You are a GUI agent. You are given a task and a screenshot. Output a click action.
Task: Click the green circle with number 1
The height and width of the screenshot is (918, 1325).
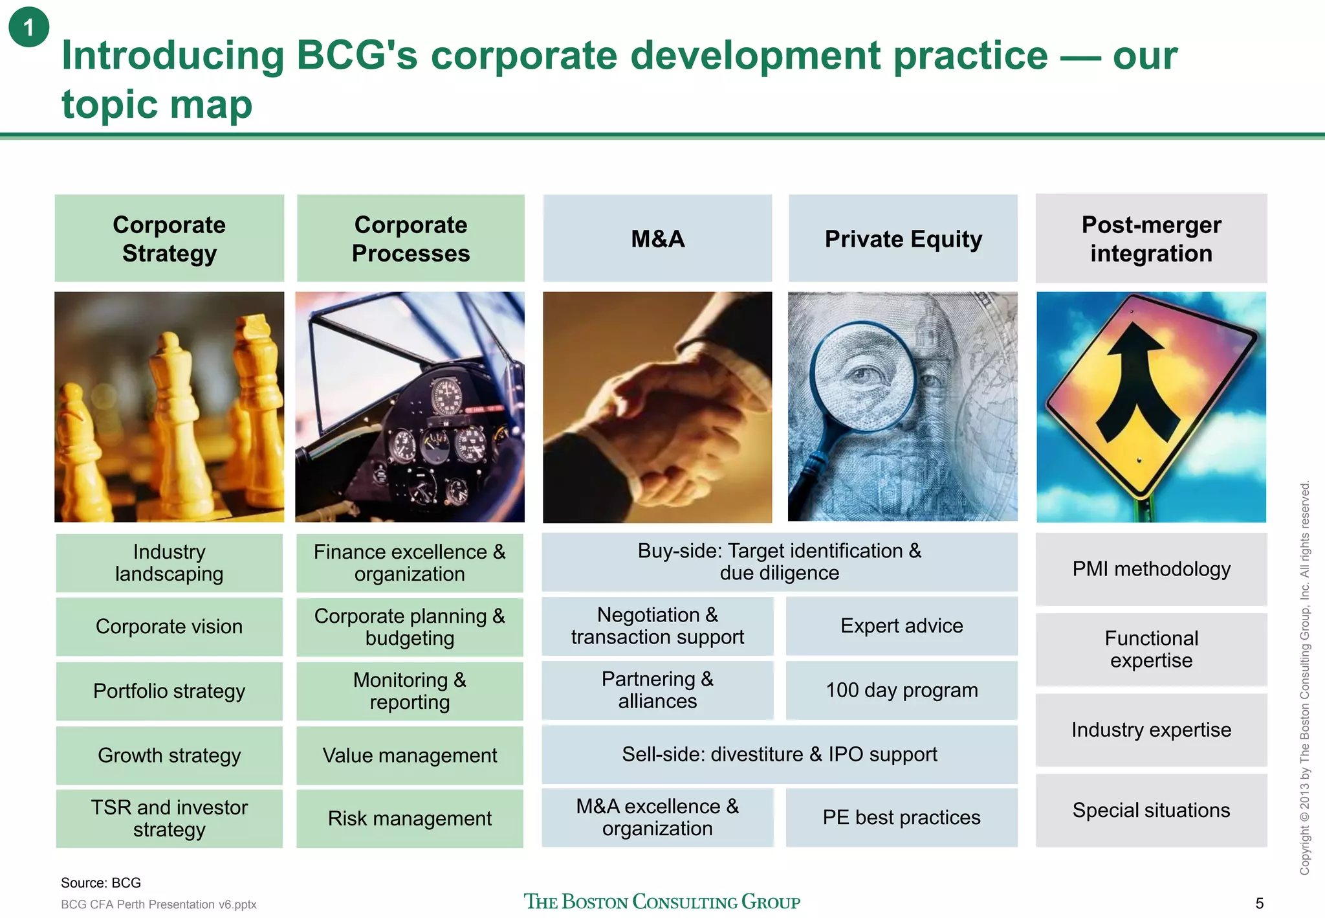point(28,27)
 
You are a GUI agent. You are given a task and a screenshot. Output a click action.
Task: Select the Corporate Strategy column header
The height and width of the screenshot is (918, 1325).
point(169,238)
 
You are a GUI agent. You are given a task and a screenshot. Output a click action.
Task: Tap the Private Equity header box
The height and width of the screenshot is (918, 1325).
point(903,238)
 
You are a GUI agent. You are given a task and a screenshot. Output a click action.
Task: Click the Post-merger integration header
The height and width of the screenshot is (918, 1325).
point(1151,238)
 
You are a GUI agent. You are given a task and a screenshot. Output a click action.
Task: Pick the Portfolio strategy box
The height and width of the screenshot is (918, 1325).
point(169,691)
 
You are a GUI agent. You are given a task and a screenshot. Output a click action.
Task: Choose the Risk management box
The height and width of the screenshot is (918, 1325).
point(410,818)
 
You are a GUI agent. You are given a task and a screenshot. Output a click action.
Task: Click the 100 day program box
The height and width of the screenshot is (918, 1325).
point(901,690)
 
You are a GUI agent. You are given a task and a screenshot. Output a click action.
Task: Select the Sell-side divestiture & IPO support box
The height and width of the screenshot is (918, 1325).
point(779,754)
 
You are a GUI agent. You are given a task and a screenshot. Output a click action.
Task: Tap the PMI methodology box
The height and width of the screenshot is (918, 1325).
point(1151,569)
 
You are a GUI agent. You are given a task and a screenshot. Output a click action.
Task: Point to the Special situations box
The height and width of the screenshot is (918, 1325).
point(1151,810)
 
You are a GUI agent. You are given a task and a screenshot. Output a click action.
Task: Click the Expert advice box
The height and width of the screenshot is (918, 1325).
point(901,625)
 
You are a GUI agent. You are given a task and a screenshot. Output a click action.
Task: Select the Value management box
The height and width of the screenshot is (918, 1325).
point(410,755)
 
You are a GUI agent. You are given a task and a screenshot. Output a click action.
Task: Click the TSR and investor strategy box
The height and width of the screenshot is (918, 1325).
point(169,818)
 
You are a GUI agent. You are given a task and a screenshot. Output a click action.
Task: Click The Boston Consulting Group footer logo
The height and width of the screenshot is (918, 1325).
point(661,902)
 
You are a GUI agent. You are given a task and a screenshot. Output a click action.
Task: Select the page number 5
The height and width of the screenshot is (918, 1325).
point(1259,903)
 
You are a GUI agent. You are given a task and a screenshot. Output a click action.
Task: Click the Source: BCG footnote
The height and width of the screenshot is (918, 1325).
point(101,882)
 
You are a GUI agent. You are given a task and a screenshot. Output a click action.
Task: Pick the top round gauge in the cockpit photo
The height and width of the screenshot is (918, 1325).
point(448,396)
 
